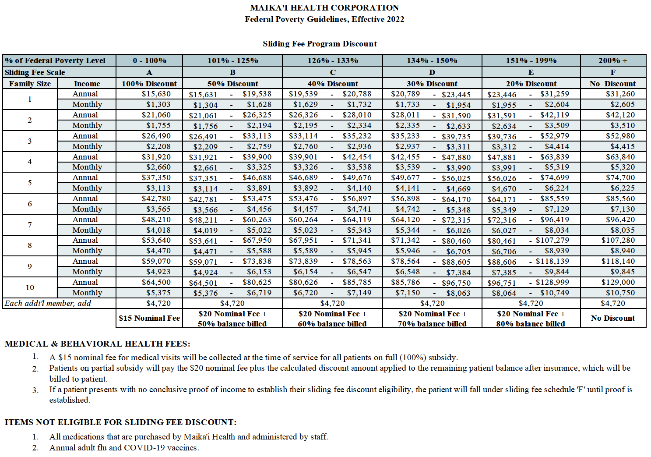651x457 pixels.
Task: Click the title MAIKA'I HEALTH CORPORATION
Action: pos(324,8)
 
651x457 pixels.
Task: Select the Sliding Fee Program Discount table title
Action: pos(320,44)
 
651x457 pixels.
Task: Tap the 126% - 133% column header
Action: pos(332,60)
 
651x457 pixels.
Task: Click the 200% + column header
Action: pos(612,60)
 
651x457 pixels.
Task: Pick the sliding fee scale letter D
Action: pos(432,72)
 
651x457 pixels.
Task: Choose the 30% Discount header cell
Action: pos(432,84)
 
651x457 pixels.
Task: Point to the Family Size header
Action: pos(30,84)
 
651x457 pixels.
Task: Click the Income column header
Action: pos(87,84)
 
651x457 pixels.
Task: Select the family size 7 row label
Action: pos(30,225)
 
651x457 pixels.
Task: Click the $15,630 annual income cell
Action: pos(156,94)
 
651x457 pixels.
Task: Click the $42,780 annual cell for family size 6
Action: pos(156,198)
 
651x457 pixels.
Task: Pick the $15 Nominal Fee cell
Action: pos(149,318)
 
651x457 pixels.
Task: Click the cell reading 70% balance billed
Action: pos(432,324)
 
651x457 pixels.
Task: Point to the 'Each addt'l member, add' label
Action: pos(48,303)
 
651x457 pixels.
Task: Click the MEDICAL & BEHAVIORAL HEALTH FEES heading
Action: pos(97,344)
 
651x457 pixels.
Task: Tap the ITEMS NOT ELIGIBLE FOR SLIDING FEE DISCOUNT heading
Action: pos(120,422)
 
